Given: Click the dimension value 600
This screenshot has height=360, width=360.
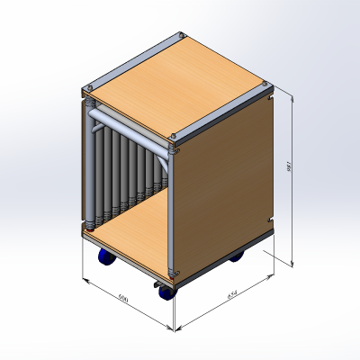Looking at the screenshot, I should coord(123,298).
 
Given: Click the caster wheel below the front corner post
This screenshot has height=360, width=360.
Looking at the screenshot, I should coord(166,291).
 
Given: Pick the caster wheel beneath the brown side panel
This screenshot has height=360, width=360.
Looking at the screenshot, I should coord(238,258).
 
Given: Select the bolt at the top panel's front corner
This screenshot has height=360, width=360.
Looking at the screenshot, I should coord(172,137).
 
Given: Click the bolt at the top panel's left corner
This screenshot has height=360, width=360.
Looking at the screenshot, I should coord(88,86).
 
